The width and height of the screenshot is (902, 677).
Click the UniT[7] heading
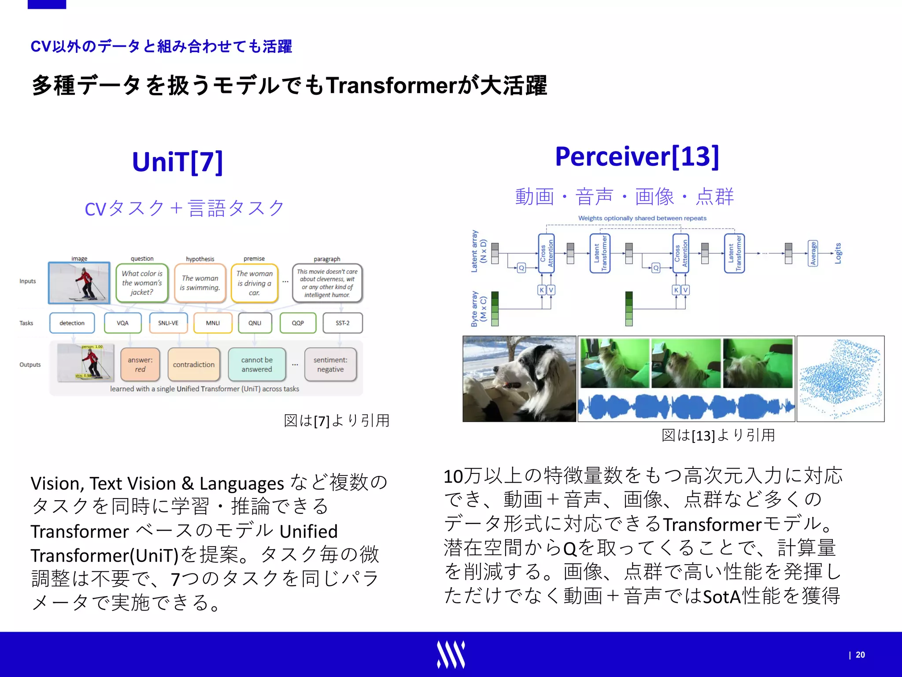(x=177, y=162)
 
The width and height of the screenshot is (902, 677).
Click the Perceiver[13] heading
(x=637, y=156)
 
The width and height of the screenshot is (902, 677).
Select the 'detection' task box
(x=72, y=323)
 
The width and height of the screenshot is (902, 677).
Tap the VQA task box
(x=122, y=323)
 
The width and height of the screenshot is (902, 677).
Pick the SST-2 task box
(x=342, y=323)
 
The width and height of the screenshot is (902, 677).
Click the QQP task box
(x=298, y=323)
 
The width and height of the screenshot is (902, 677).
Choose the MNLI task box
(x=213, y=323)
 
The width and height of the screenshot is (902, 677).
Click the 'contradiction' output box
(x=193, y=365)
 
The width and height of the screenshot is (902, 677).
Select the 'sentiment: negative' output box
(x=330, y=365)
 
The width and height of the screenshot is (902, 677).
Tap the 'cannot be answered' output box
(x=257, y=365)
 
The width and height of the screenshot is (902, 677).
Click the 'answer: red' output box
(x=140, y=365)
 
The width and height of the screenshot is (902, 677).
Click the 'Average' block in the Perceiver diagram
(x=813, y=253)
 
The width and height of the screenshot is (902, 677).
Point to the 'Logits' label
(x=838, y=253)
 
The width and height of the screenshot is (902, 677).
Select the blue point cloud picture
(x=840, y=379)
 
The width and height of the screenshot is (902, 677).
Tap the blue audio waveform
(x=686, y=406)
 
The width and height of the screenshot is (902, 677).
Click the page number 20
(x=860, y=655)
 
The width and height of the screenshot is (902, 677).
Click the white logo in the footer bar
(x=451, y=655)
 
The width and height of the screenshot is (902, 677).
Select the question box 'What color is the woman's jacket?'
(x=142, y=283)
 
